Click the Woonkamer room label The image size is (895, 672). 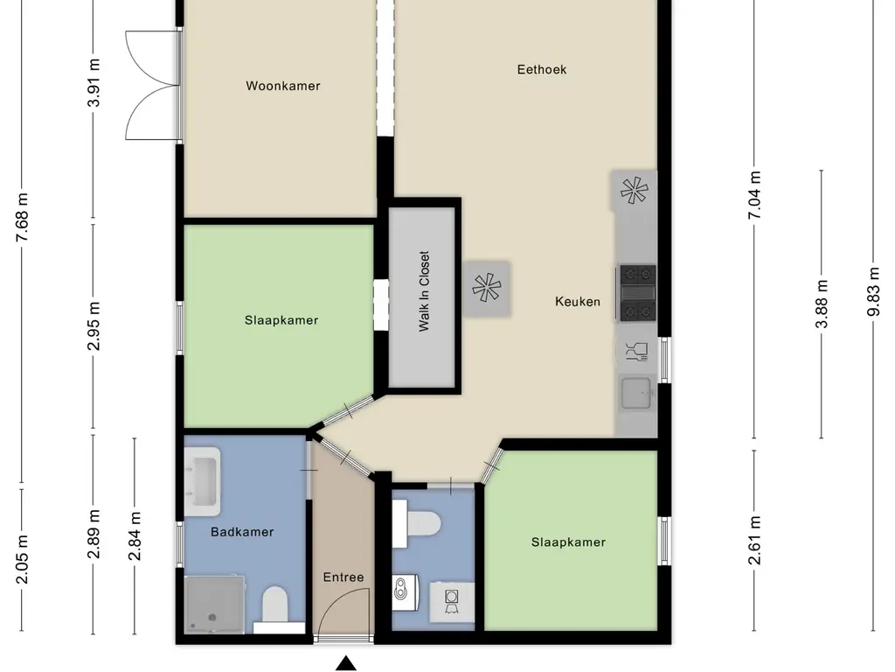point(282,86)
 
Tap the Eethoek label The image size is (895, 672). point(542,69)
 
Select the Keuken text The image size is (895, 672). point(578,302)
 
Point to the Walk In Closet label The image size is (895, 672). point(424,291)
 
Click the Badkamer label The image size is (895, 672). point(242,532)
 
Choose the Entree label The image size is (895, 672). point(343,577)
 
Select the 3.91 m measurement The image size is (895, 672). point(94,82)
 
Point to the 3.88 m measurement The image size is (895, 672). point(822,304)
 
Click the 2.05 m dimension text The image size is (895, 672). point(23,560)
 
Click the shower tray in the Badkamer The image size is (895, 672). point(213,603)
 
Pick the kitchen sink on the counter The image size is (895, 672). point(636,393)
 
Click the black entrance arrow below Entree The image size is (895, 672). point(347,664)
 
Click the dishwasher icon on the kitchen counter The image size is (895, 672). point(635,352)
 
